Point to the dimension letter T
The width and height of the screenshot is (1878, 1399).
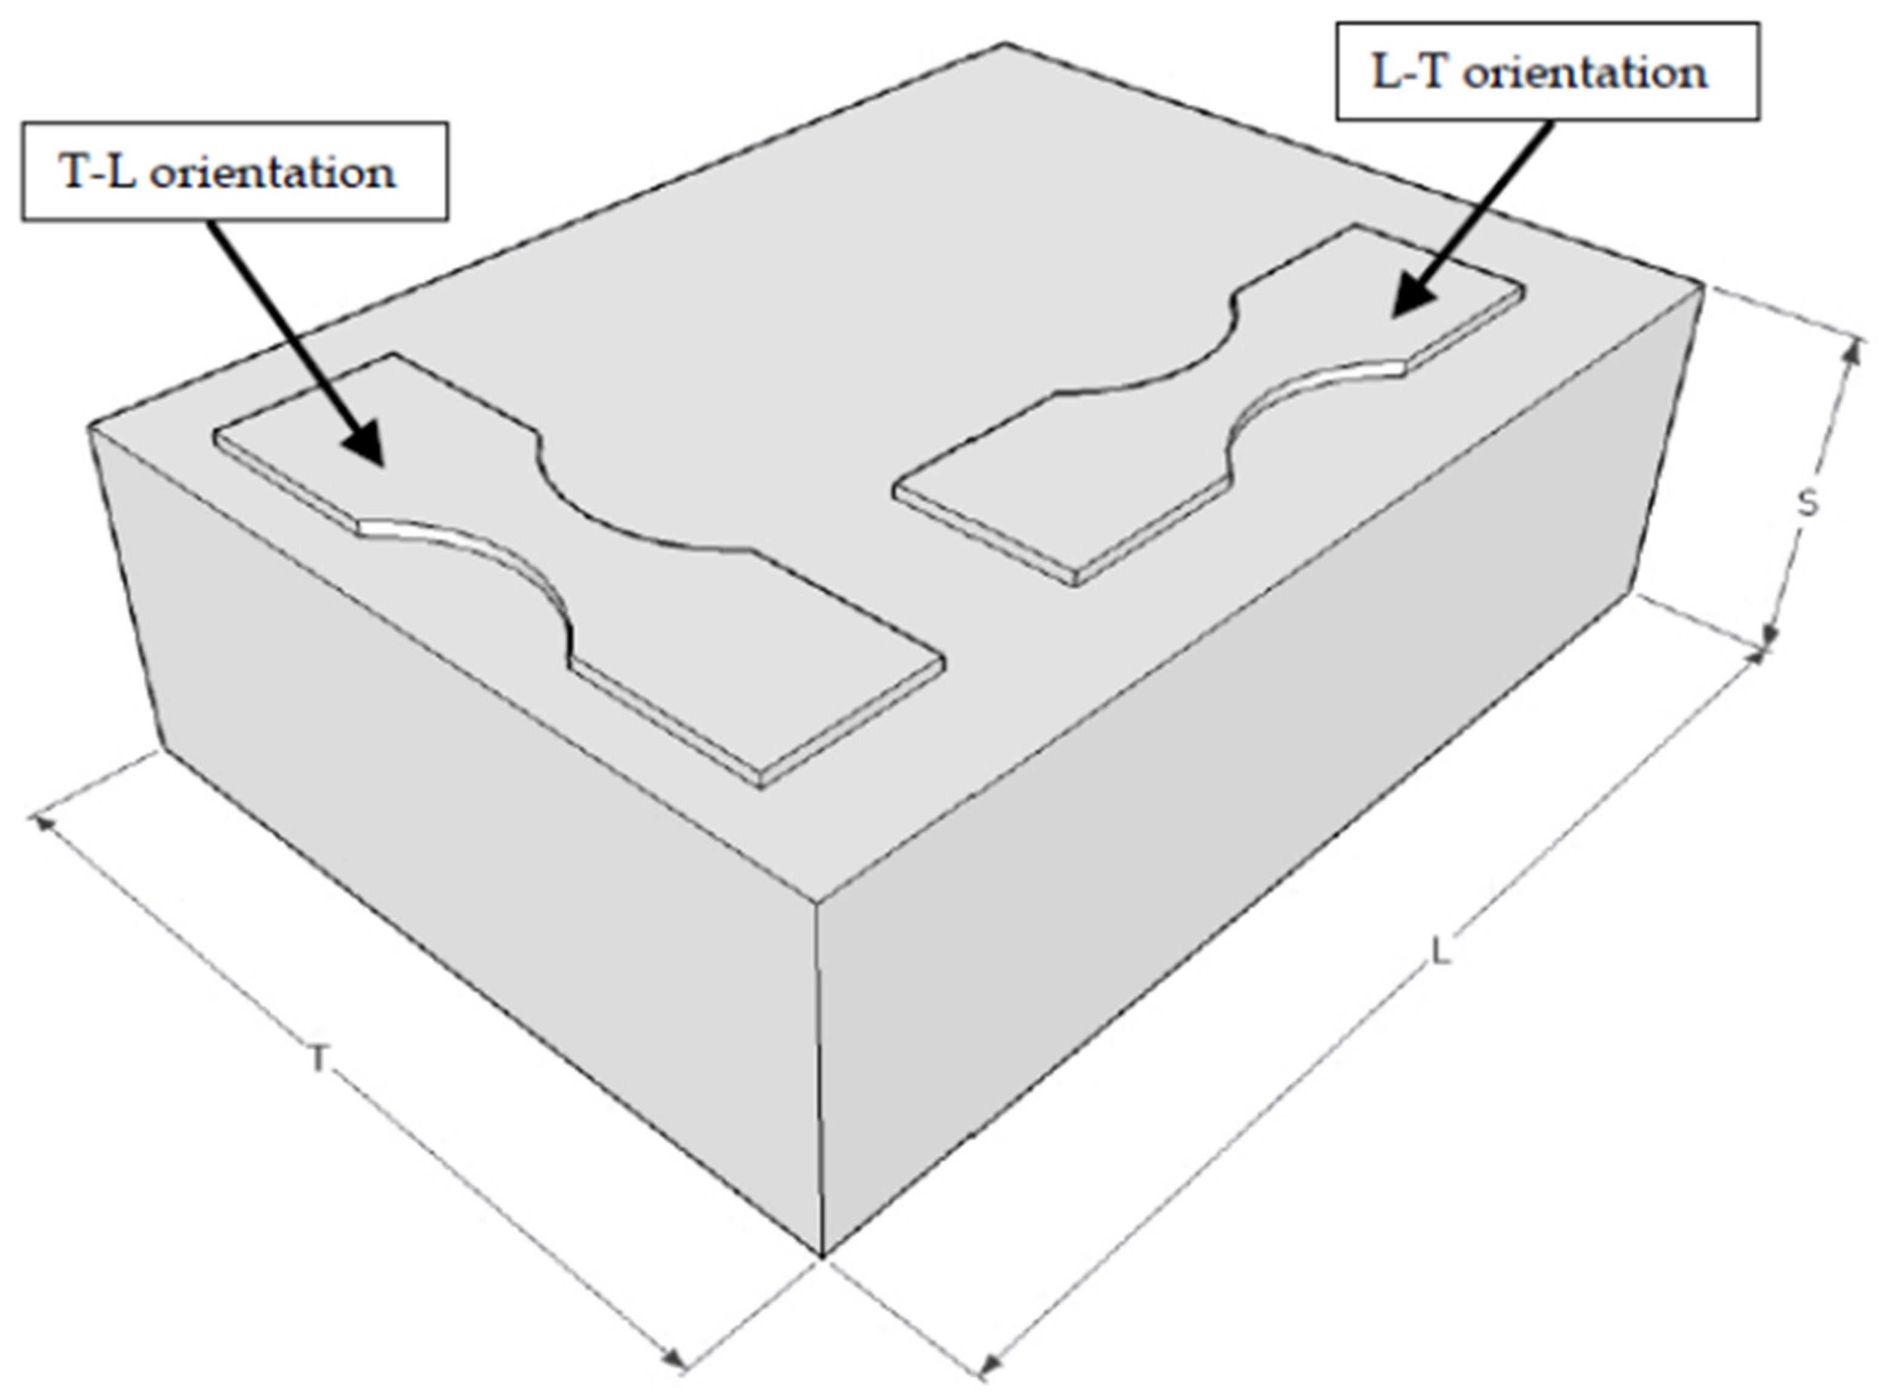(317, 1059)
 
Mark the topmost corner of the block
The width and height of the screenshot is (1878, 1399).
(1005, 44)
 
